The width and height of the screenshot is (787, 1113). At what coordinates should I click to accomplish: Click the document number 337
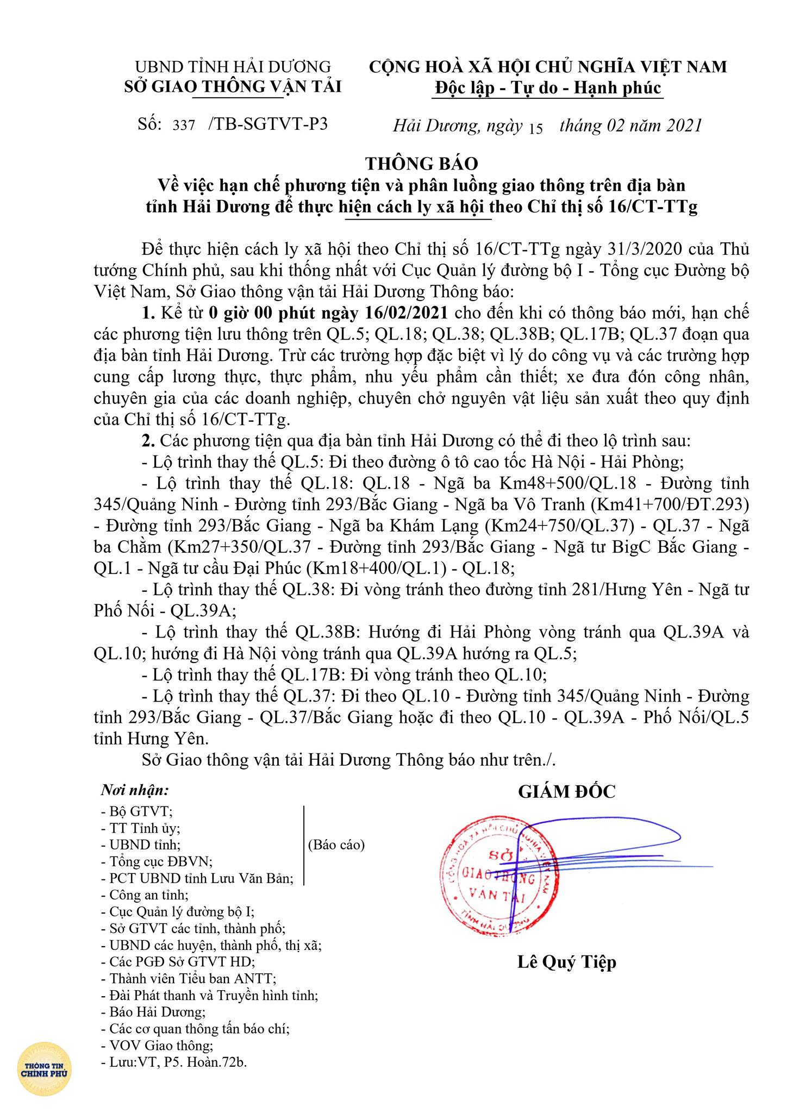coord(184,126)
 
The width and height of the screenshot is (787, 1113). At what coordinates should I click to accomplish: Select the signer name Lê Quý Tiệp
coord(566,962)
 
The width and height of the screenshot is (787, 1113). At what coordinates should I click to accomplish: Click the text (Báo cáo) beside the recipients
coord(336,845)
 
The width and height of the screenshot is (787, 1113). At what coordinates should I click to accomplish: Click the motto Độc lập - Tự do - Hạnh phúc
coord(548,87)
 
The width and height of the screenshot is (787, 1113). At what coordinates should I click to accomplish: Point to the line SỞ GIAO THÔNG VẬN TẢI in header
coord(233,86)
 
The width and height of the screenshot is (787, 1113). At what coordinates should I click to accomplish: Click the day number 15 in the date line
coord(535,128)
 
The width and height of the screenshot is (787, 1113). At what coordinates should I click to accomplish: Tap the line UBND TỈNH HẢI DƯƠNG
coord(233,66)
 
